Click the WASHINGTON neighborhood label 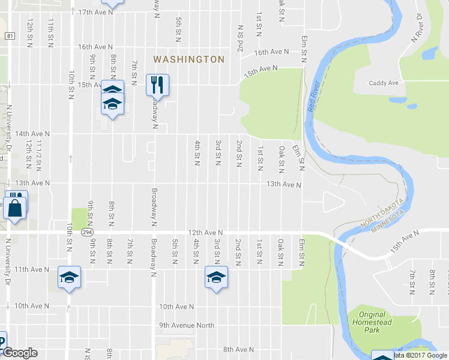tap(188, 59)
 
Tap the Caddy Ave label tap(384, 83)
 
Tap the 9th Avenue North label tap(186, 326)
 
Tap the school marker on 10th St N tap(69, 277)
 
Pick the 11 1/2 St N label tap(40, 154)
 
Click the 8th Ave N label tap(238, 349)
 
